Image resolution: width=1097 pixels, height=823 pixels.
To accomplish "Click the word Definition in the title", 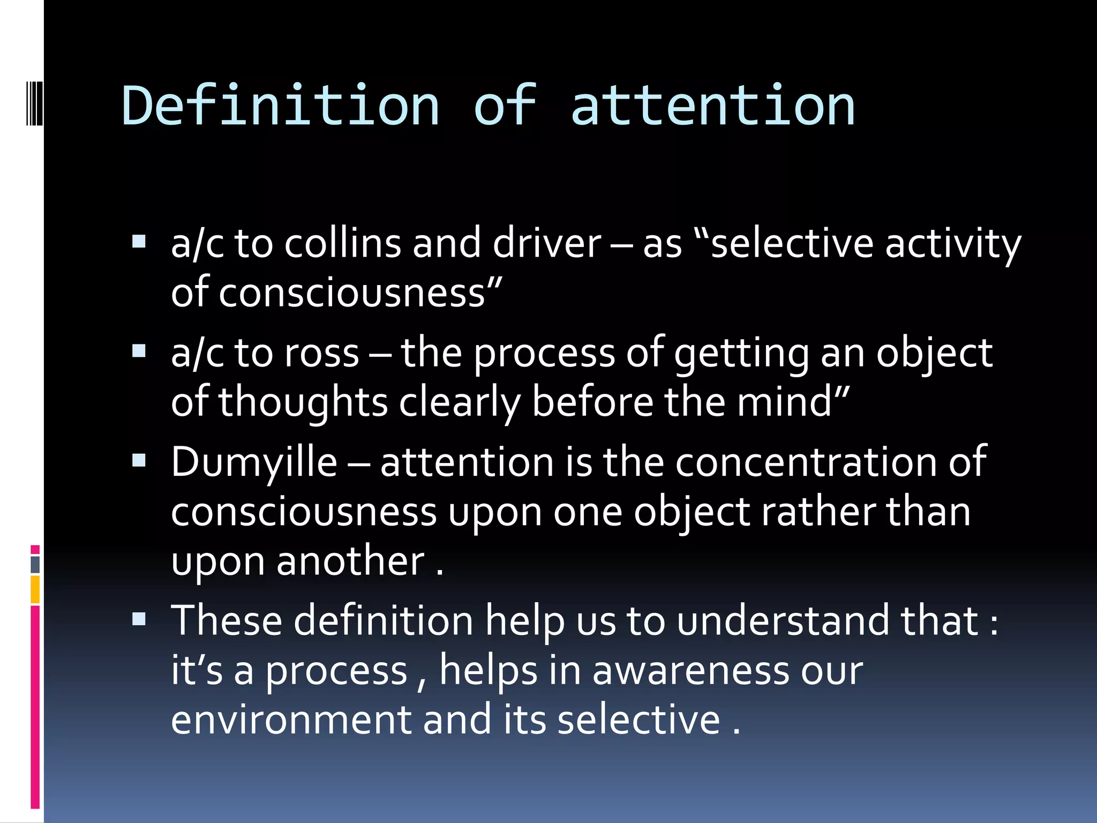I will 281,106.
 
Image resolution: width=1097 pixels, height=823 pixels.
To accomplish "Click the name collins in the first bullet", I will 342,244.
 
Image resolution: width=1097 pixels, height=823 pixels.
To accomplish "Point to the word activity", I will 953,244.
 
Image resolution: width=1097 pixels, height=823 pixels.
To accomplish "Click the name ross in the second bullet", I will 321,354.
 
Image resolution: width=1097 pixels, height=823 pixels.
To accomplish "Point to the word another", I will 351,562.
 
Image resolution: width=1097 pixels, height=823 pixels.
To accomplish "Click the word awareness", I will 690,671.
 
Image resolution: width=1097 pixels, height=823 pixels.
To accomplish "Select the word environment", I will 291,720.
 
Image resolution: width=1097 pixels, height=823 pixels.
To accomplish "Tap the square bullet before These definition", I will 139,619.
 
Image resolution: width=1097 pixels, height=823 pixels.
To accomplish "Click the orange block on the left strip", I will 35,589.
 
